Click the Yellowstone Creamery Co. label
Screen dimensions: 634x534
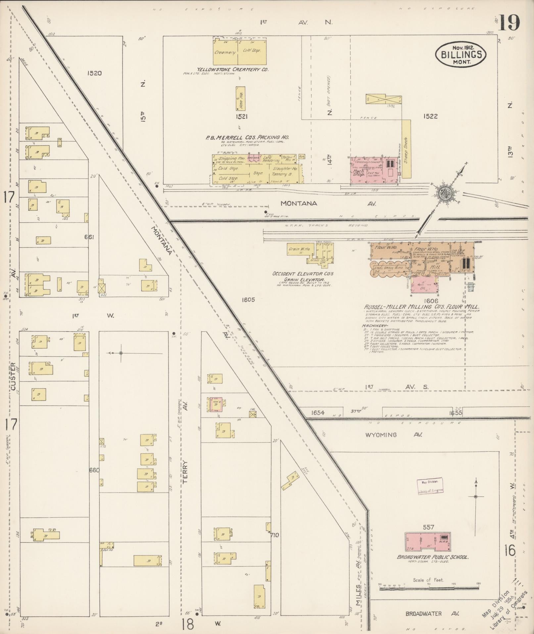[232, 69]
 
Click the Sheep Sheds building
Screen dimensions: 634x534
[407, 148]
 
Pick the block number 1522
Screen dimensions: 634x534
[430, 116]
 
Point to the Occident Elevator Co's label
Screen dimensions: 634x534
[303, 274]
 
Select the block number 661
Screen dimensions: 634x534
[89, 237]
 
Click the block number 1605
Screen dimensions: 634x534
[248, 300]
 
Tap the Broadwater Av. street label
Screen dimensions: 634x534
[433, 613]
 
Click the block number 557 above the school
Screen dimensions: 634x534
[428, 527]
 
